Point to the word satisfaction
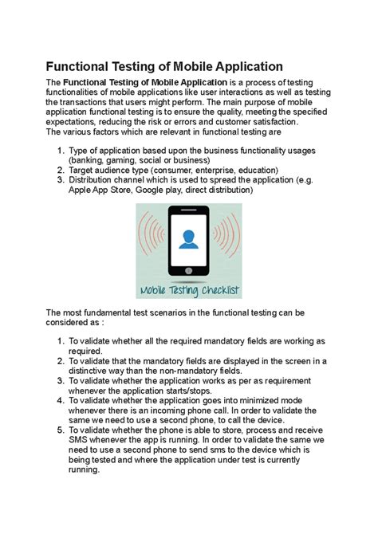(x=264, y=123)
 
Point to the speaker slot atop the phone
(x=189, y=210)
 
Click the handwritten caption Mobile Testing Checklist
(x=189, y=291)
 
